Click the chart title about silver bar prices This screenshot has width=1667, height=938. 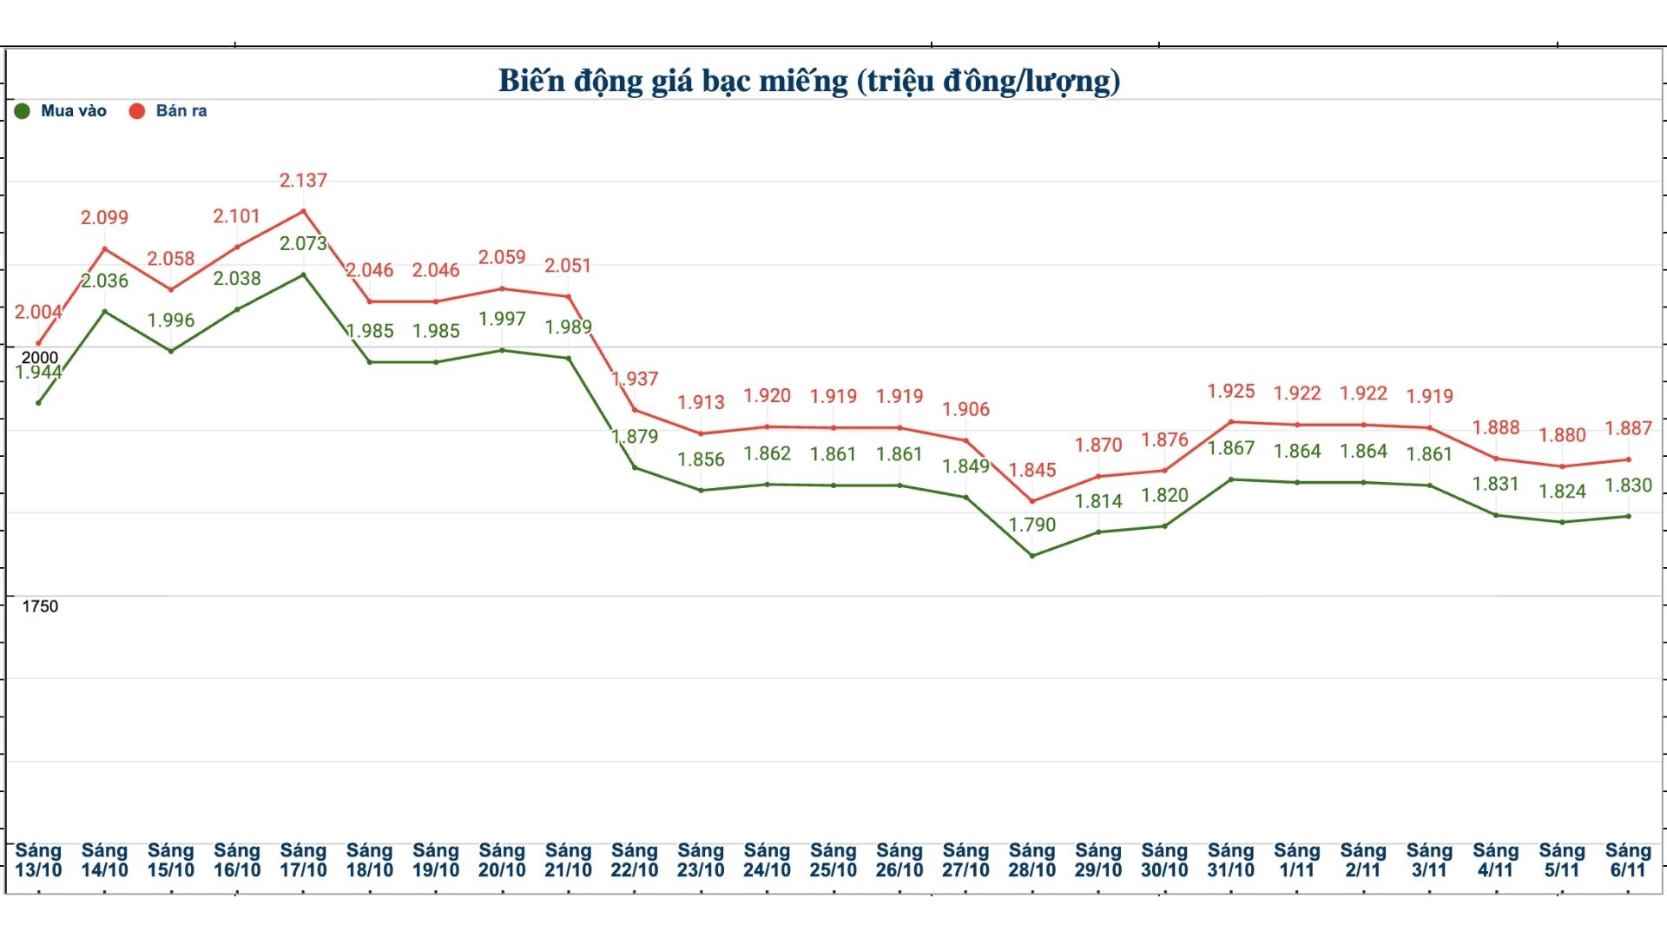809,81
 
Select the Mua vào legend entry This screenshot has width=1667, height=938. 61,111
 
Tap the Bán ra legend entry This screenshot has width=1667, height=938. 168,111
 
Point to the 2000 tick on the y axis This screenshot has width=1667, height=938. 40,358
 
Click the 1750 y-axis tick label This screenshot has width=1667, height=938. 40,607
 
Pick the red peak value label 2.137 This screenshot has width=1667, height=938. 303,181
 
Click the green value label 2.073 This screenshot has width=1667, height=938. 303,244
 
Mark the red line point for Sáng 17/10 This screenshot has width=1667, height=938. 303,211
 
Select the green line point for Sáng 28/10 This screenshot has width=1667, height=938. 1032,556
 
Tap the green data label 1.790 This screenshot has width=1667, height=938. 1032,525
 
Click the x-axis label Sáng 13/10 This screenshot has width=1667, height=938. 38,860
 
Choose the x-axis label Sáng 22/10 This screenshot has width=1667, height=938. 635,860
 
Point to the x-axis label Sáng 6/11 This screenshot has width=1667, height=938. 1628,860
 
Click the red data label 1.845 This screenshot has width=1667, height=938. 1032,471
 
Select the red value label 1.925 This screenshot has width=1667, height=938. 1231,392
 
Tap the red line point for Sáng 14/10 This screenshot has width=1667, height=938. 105,249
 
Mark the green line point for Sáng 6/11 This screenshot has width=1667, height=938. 1628,517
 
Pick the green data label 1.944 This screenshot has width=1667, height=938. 38,373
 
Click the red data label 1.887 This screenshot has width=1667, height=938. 1628,429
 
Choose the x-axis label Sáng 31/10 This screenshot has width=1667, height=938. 1231,860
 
